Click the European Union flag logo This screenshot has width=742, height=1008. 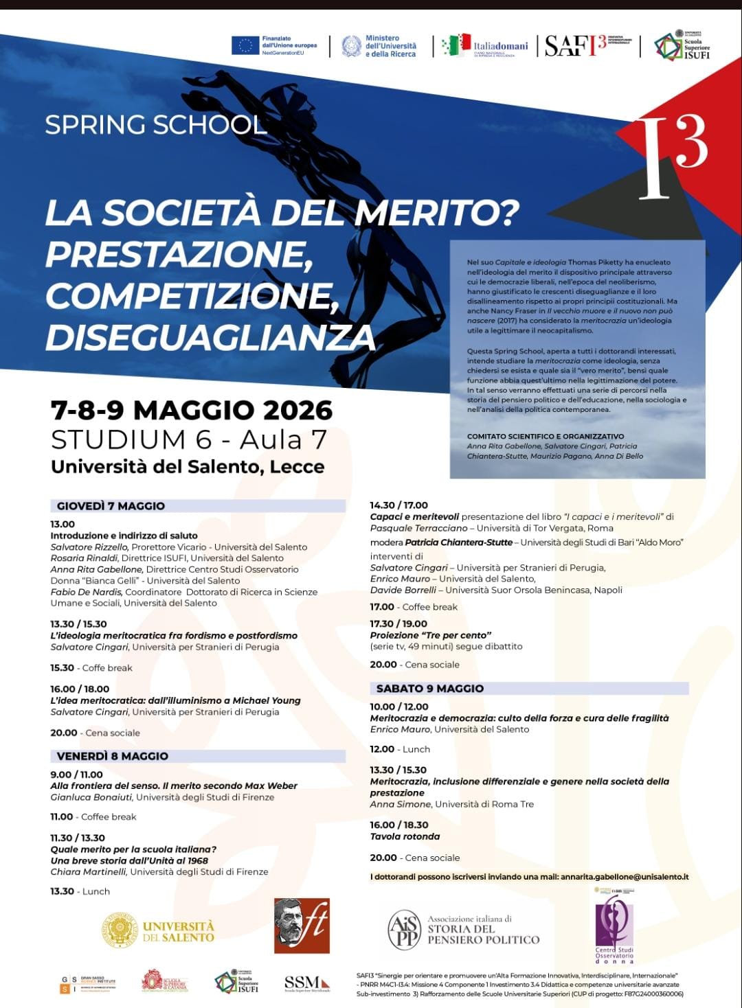(245, 45)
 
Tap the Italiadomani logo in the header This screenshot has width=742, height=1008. (485, 45)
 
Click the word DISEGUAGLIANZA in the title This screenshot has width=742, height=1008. (210, 336)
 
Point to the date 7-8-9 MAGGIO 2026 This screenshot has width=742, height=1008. (192, 410)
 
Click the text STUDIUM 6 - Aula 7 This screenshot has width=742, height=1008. (189, 439)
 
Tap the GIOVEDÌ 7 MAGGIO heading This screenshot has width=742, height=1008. (111, 506)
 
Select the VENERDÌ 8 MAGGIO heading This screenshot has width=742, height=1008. (113, 756)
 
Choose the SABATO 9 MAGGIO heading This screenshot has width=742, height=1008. (430, 688)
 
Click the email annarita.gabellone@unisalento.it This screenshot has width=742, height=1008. (625, 877)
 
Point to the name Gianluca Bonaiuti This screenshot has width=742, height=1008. (92, 797)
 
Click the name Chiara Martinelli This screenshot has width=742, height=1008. (89, 871)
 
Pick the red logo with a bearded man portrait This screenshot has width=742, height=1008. (302, 926)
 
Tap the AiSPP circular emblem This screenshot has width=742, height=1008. (404, 930)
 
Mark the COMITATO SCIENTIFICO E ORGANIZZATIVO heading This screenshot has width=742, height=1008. (546, 436)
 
